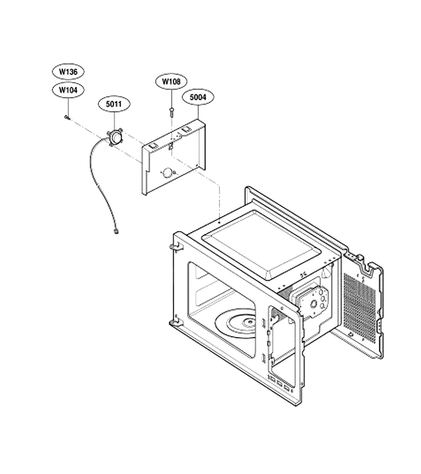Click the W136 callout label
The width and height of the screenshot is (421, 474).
click(68, 72)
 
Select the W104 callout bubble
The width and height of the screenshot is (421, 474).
click(68, 90)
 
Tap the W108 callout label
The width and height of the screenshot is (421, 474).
click(171, 82)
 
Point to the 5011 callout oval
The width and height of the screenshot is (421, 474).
click(114, 104)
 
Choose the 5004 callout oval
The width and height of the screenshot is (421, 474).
click(198, 97)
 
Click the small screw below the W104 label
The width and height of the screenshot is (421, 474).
click(67, 117)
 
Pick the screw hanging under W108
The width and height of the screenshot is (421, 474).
click(172, 112)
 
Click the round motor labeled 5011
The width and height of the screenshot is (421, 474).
click(115, 137)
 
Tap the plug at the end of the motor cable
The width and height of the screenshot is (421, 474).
click(115, 232)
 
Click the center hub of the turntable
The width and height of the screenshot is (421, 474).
click(249, 322)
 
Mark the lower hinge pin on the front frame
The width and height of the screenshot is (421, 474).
click(174, 322)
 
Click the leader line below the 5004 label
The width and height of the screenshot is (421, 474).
click(198, 112)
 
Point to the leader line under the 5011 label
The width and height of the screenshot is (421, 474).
click(115, 120)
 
